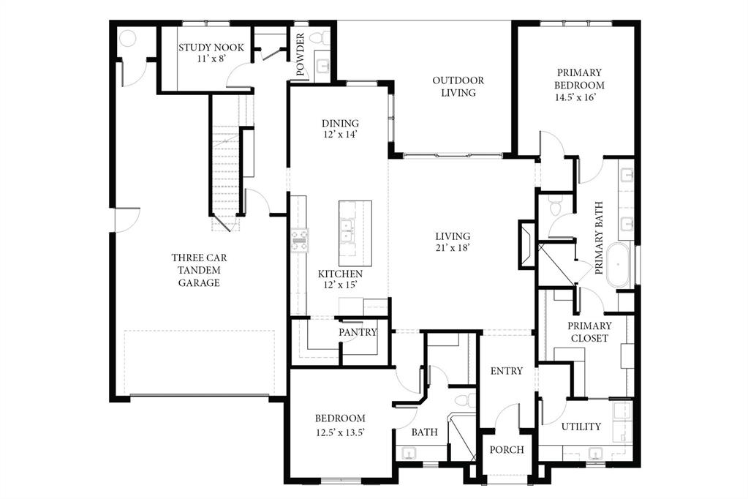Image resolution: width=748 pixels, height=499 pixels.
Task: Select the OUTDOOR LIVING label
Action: [458, 86]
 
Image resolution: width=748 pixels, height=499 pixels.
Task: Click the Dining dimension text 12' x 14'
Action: [340, 135]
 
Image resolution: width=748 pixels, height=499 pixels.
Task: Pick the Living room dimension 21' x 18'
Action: [453, 248]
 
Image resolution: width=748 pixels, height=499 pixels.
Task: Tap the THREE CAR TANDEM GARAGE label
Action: [199, 270]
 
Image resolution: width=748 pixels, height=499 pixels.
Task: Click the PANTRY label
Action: [358, 332]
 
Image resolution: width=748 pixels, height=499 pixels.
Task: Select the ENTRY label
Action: [506, 371]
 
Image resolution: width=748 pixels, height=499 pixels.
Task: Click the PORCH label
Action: [506, 449]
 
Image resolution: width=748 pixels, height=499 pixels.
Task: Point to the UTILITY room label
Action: [581, 427]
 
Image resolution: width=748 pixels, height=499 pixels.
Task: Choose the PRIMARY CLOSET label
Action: [589, 332]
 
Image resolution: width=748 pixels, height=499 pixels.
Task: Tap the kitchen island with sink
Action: [355, 233]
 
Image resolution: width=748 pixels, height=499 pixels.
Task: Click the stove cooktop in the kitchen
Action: [300, 240]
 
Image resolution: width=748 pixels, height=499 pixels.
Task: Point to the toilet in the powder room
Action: [320, 37]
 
